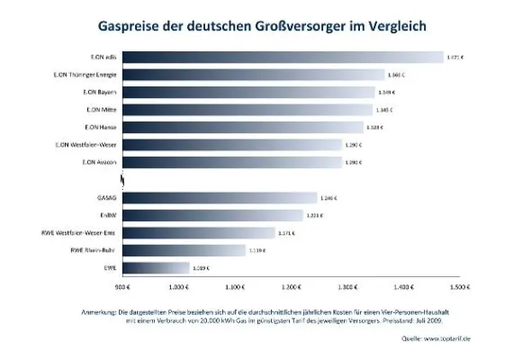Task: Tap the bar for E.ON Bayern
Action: tap(247, 92)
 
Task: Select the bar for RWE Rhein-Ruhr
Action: tap(183, 250)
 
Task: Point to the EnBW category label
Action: tap(106, 215)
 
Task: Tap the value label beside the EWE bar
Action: tap(202, 267)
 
